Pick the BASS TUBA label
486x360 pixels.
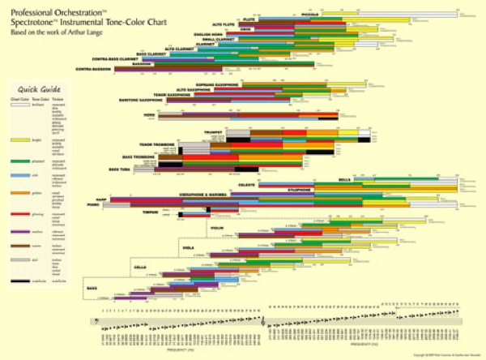tap(119, 169)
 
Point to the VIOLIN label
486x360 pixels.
tap(216, 229)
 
